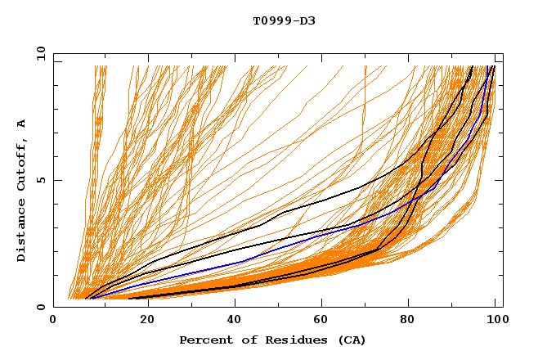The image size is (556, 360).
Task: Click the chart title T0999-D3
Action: (x=284, y=20)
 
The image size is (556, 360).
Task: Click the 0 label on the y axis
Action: (x=40, y=308)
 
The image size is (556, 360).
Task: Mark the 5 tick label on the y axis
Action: (x=40, y=180)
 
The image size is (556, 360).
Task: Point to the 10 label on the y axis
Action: (x=38, y=53)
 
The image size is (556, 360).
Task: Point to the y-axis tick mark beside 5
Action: (x=56, y=180)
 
